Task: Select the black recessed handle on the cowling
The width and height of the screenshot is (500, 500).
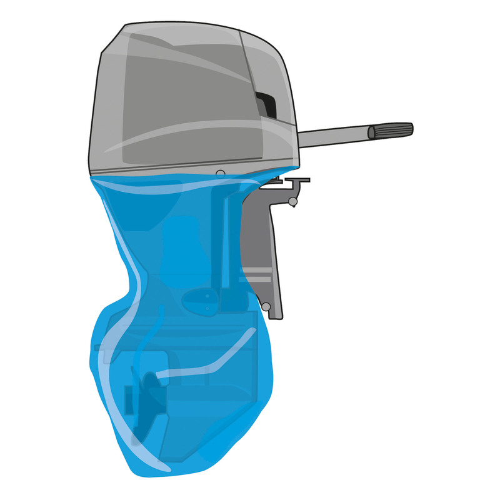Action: pyautogui.click(x=267, y=104)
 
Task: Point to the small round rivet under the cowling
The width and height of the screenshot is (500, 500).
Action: pyautogui.click(x=220, y=172)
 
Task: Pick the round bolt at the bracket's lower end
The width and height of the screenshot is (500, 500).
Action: pyautogui.click(x=267, y=306)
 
